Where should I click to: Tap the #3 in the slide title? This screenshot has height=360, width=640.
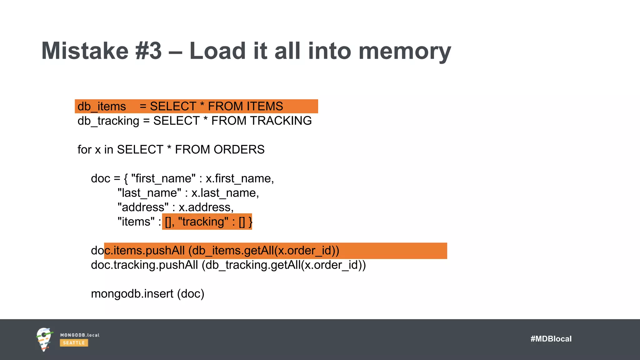(149, 51)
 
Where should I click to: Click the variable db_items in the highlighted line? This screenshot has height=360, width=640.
(102, 107)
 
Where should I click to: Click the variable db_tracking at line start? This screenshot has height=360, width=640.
(108, 121)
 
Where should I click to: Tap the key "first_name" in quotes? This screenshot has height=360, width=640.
(163, 178)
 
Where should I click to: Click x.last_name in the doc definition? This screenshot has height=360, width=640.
(225, 193)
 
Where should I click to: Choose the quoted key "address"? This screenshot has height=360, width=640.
(143, 207)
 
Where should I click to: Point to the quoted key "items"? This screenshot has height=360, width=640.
(136, 222)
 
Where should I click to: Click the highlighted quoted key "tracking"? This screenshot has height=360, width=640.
(203, 222)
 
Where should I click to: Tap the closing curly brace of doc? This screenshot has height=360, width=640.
(250, 222)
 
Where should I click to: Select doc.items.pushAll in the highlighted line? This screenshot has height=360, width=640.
(138, 251)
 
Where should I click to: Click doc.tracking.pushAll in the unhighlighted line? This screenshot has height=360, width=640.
(144, 265)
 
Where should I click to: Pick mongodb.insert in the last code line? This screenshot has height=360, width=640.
(132, 294)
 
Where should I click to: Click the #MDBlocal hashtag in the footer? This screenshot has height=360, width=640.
(551, 339)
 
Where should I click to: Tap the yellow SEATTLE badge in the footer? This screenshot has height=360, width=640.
(74, 343)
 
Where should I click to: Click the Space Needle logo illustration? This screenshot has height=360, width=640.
(44, 339)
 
